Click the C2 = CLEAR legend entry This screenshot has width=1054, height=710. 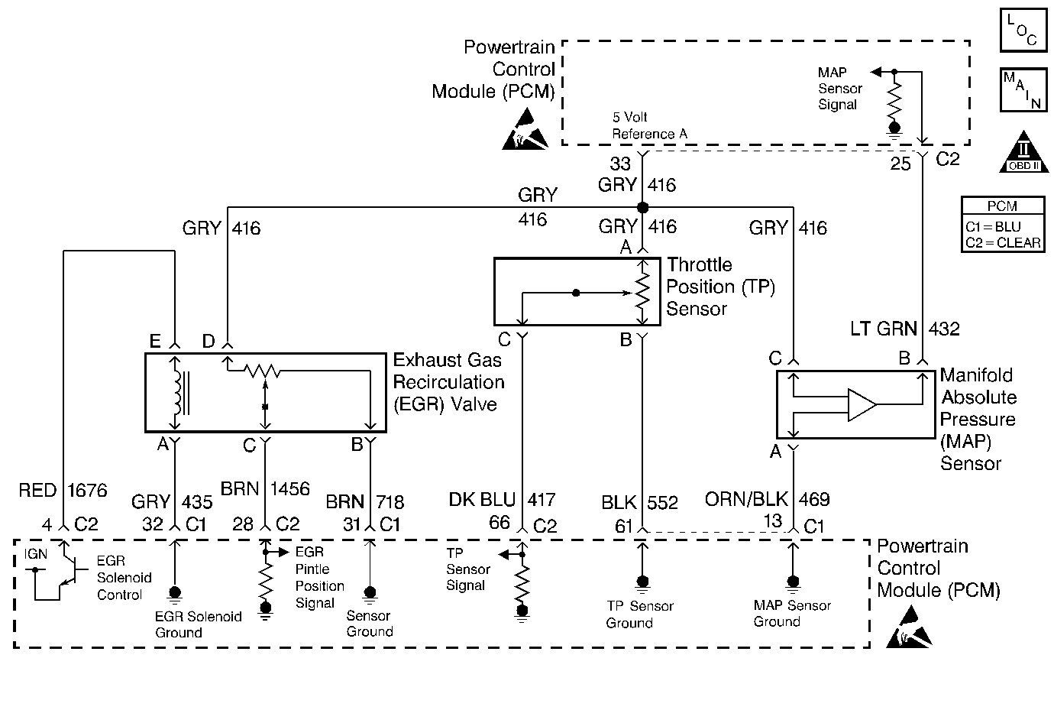[1003, 243]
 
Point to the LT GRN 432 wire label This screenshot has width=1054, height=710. [905, 329]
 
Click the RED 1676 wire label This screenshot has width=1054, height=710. [63, 490]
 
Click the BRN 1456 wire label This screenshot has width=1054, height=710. [265, 488]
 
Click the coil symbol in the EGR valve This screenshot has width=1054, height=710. [179, 391]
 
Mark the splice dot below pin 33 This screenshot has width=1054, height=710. [642, 207]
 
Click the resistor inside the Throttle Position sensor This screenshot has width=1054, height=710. [642, 291]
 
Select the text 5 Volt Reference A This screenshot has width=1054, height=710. [649, 126]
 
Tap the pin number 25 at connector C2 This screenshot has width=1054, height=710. [900, 164]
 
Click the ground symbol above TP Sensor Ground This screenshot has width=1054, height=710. [642, 585]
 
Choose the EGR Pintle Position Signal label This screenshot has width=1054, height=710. [319, 578]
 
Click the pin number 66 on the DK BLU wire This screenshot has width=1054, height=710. [500, 522]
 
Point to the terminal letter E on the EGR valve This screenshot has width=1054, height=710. [156, 341]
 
